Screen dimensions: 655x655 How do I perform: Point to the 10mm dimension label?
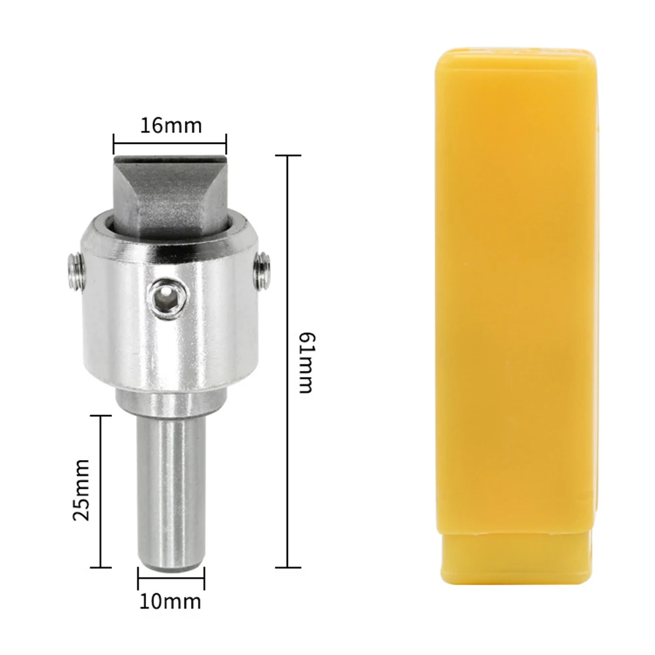171,600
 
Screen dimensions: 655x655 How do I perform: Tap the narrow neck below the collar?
171,403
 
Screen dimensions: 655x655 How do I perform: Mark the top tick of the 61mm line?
288,156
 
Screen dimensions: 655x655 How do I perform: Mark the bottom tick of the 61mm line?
288,567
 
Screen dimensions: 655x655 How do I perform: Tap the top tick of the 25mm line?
101,416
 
